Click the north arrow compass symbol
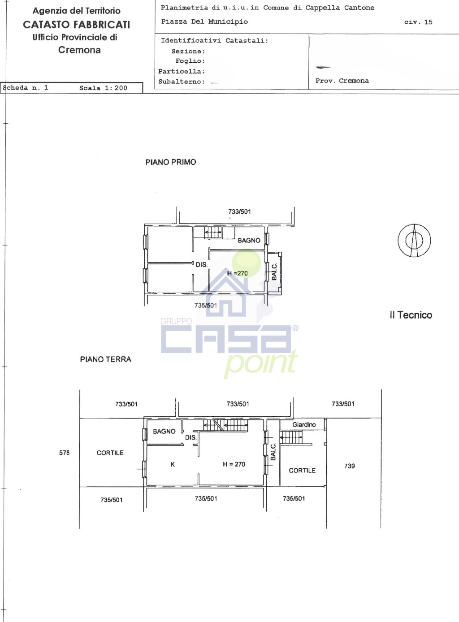click(414, 240)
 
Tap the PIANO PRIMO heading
click(171, 162)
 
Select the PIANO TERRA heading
click(105, 359)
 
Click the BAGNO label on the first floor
click(249, 240)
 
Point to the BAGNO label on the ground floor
click(164, 431)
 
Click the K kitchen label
click(173, 464)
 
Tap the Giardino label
click(304, 424)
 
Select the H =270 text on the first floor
click(238, 273)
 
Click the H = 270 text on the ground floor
click(234, 464)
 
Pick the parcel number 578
click(64, 453)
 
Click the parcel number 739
click(350, 466)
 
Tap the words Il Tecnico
click(411, 315)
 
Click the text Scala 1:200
click(103, 88)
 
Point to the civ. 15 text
click(418, 22)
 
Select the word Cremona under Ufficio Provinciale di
click(79, 50)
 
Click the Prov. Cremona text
click(342, 81)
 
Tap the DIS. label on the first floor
click(201, 264)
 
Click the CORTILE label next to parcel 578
click(110, 453)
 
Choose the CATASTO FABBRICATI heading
click(76, 25)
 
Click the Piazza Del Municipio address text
click(204, 22)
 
